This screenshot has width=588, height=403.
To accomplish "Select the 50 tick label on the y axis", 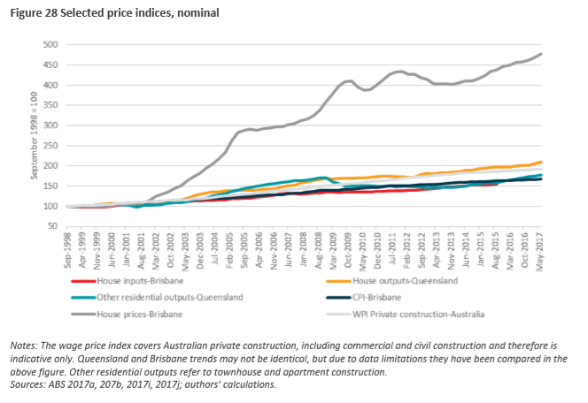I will point(52,226).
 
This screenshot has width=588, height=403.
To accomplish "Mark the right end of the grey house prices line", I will point(542,54).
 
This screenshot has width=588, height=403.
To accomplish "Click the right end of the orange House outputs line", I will point(542,163).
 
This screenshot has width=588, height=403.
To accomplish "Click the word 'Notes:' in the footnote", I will point(26,344).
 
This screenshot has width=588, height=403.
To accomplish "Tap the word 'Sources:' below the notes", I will point(29,384).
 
